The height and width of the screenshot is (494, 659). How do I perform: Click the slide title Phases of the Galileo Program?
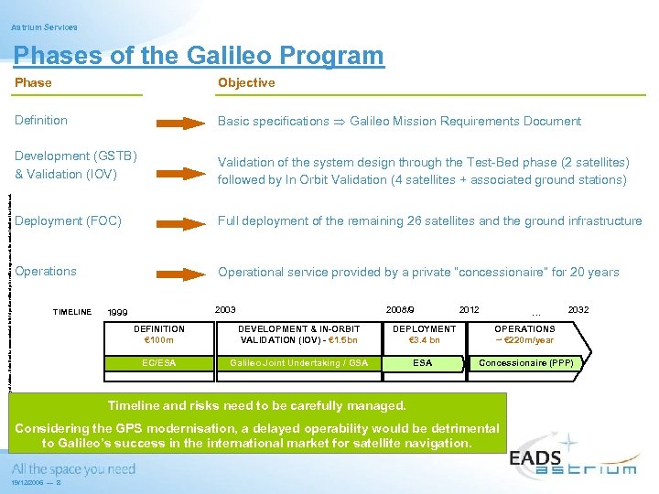coord(199,56)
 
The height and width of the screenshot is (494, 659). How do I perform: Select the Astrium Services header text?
coord(44,27)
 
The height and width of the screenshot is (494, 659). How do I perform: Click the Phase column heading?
coord(33,83)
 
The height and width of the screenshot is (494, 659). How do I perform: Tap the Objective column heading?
coord(246,83)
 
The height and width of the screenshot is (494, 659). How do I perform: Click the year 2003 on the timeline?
coord(224,310)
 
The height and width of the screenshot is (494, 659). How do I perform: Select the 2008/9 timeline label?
coord(400,310)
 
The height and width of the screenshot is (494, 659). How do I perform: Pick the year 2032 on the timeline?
coord(578,310)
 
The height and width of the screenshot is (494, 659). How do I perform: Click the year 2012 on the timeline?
coord(469,310)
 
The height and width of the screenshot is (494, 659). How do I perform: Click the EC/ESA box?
coord(158,363)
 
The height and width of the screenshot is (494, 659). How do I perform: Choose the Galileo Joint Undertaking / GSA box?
coord(298,363)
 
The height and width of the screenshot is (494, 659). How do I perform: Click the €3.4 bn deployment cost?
coord(423,340)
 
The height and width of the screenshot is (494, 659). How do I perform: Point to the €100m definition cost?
coord(158,340)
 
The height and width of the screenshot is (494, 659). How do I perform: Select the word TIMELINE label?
coord(72,313)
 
